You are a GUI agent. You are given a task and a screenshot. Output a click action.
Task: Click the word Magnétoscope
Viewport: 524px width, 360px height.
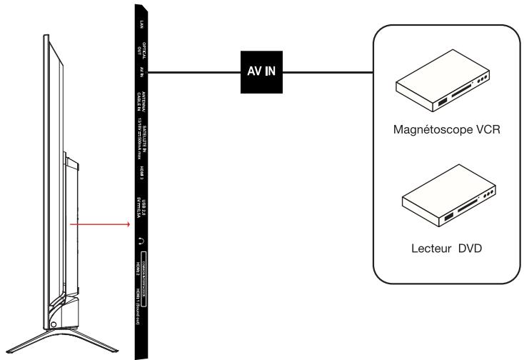point(427,131)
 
